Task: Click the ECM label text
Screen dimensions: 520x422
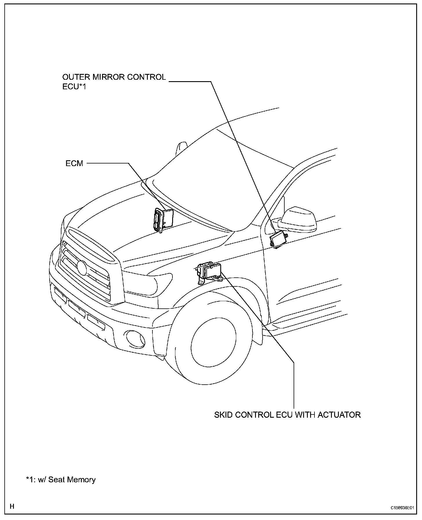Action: pyautogui.click(x=74, y=163)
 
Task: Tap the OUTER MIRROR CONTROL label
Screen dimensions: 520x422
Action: pyautogui.click(x=114, y=77)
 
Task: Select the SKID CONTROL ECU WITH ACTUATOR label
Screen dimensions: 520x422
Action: pyautogui.click(x=287, y=415)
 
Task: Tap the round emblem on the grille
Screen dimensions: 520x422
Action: pyautogui.click(x=82, y=268)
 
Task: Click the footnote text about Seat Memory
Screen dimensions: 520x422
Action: pyautogui.click(x=61, y=480)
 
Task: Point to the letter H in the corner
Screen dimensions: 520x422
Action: pyautogui.click(x=12, y=506)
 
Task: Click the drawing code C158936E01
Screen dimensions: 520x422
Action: pyautogui.click(x=401, y=508)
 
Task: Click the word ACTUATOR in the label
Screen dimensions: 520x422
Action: pyautogui.click(x=339, y=415)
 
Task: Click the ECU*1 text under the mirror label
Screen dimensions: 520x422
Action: pyautogui.click(x=74, y=86)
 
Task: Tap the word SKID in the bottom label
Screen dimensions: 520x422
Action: pyautogui.click(x=223, y=415)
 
